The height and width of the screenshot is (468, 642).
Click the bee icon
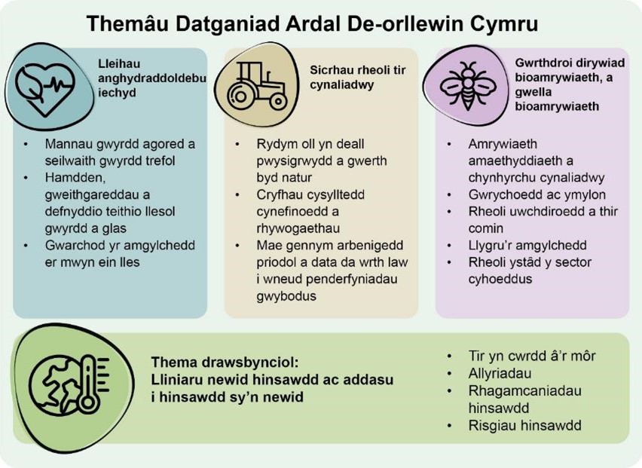click(468, 86)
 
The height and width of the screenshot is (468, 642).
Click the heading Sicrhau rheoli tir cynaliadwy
click(357, 78)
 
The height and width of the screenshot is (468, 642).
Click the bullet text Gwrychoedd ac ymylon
click(537, 194)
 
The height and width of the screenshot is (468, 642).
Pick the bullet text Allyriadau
click(500, 373)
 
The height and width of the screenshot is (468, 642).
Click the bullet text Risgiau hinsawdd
click(525, 425)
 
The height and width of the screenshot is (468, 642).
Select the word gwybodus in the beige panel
click(286, 296)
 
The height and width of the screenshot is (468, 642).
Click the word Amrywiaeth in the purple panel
click(503, 144)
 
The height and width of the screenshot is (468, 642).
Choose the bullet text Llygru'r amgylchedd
click(527, 246)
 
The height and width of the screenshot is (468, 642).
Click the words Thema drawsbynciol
click(225, 362)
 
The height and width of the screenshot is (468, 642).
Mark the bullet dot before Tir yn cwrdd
click(450, 356)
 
